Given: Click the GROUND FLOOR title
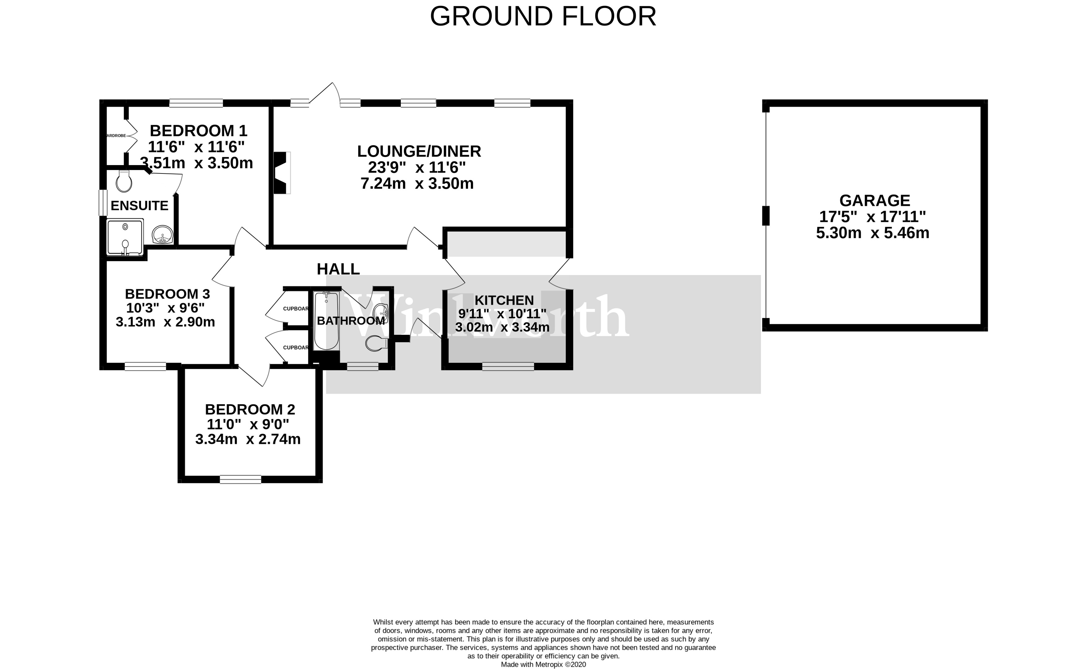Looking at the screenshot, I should (543, 16).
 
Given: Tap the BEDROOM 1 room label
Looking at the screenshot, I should (198, 131).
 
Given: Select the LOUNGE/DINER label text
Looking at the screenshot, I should (419, 151).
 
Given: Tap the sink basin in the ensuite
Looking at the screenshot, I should (162, 234).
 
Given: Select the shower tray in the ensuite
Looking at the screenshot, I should (125, 238).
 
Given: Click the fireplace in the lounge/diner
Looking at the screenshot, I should (282, 173).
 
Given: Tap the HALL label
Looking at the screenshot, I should (338, 269).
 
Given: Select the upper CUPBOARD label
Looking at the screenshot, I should (295, 309).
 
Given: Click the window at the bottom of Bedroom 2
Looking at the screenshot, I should (241, 479).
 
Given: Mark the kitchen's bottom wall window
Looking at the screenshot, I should (508, 366).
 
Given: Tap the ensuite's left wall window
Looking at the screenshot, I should (103, 203).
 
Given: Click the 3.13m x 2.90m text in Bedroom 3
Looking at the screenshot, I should (165, 322).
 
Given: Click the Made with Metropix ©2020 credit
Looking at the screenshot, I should (543, 665).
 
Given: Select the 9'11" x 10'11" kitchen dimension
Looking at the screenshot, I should (502, 314).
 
